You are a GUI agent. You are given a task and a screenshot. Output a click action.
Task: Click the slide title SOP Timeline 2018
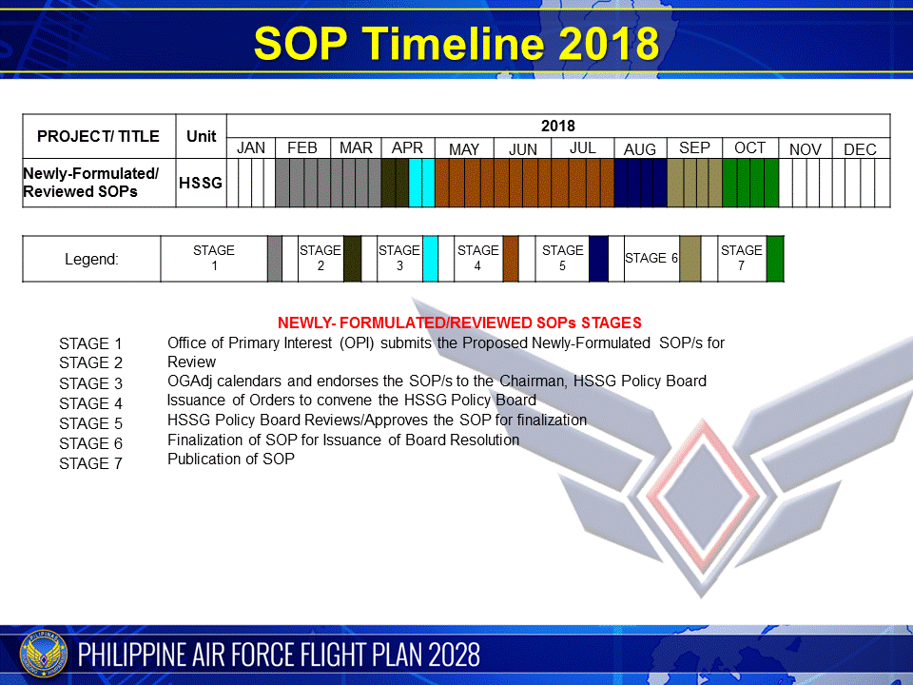(x=456, y=43)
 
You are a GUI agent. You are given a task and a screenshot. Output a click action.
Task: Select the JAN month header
(x=251, y=148)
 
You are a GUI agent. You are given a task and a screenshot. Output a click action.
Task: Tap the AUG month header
(x=640, y=149)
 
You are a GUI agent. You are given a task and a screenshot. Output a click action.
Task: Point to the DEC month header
(x=860, y=149)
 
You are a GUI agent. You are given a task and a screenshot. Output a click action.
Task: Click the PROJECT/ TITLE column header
(x=98, y=136)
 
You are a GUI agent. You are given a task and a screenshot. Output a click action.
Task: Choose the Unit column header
(x=201, y=136)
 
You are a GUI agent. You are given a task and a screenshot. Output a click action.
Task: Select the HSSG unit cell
(x=201, y=183)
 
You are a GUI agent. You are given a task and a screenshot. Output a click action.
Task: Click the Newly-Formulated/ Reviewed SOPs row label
(x=90, y=183)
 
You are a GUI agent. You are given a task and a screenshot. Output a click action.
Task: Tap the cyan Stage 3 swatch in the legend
(x=430, y=259)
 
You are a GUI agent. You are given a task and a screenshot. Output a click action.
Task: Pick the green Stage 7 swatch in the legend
(x=775, y=259)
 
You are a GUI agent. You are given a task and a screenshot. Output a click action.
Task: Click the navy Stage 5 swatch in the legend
(x=598, y=259)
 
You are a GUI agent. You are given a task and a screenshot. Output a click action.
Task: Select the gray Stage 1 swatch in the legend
(x=275, y=259)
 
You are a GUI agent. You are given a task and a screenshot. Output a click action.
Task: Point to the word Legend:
(x=91, y=259)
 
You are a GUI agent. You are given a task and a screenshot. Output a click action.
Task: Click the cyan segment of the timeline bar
(x=421, y=183)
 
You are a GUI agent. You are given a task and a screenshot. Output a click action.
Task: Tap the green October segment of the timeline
(x=750, y=183)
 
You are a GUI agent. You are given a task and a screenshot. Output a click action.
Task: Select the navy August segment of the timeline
(x=640, y=183)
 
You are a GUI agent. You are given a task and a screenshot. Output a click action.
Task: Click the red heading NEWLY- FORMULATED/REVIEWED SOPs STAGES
(x=459, y=323)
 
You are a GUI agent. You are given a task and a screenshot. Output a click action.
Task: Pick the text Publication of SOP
(x=230, y=459)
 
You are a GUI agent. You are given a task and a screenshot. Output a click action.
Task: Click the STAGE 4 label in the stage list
(x=91, y=403)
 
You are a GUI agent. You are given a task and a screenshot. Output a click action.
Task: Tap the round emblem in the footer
(x=43, y=656)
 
